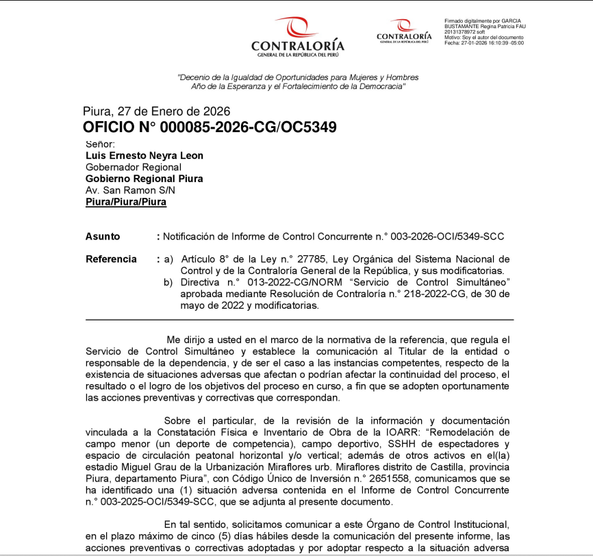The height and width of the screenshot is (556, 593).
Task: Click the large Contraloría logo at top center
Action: point(297,38)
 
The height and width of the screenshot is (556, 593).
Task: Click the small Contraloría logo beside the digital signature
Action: point(404,31)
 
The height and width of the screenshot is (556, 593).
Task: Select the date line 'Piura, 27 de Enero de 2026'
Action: point(156,112)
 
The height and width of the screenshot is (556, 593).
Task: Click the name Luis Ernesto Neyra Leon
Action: point(144,155)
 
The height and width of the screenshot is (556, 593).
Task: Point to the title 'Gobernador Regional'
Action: point(133,167)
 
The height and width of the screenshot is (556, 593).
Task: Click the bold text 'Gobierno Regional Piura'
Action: point(144,179)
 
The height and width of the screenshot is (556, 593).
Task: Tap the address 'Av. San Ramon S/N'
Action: point(130,190)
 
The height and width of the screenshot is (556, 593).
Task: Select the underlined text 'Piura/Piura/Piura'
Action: point(126,202)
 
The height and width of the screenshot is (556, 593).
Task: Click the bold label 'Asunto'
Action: point(103,236)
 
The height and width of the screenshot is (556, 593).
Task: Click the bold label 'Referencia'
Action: point(112,260)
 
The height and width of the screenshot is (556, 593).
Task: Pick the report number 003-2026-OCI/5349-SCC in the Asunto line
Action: point(447,236)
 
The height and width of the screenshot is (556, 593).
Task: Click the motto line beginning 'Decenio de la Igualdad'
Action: point(298,77)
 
